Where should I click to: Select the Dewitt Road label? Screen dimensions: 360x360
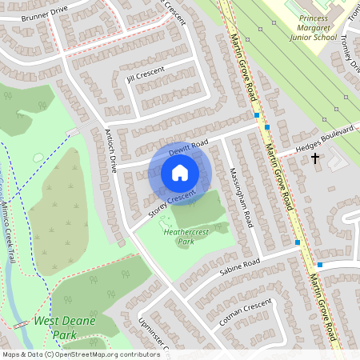[x=188, y=147]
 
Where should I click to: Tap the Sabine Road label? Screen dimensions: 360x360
[x=241, y=266]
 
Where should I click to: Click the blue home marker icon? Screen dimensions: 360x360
[x=180, y=173]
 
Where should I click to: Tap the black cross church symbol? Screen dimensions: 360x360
[x=315, y=158]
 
